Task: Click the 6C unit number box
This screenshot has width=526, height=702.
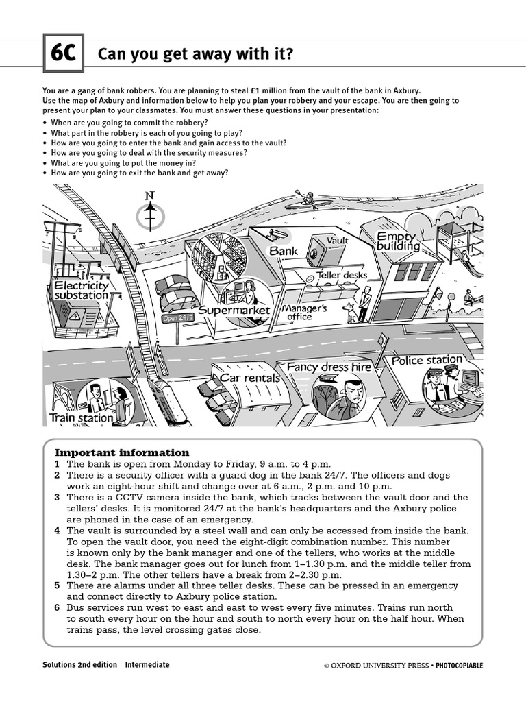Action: [x=63, y=53]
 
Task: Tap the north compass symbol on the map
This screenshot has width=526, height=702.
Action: [x=150, y=214]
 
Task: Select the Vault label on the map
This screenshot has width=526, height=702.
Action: [x=337, y=240]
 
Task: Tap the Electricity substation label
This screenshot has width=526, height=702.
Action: [x=82, y=290]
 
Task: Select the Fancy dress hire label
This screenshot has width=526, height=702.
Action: [x=329, y=367]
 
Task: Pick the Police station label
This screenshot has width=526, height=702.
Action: [x=427, y=360]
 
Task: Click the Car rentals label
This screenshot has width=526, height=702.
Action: [x=250, y=378]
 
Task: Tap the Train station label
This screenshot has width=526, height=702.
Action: [x=81, y=417]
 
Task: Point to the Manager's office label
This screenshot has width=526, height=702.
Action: [x=305, y=313]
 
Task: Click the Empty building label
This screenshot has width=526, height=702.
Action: [x=397, y=241]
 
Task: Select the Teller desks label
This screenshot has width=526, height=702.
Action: [x=341, y=275]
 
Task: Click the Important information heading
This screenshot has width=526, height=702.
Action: [x=122, y=452]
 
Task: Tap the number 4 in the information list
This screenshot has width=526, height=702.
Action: [x=58, y=531]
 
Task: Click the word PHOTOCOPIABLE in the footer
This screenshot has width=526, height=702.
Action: [x=459, y=666]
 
